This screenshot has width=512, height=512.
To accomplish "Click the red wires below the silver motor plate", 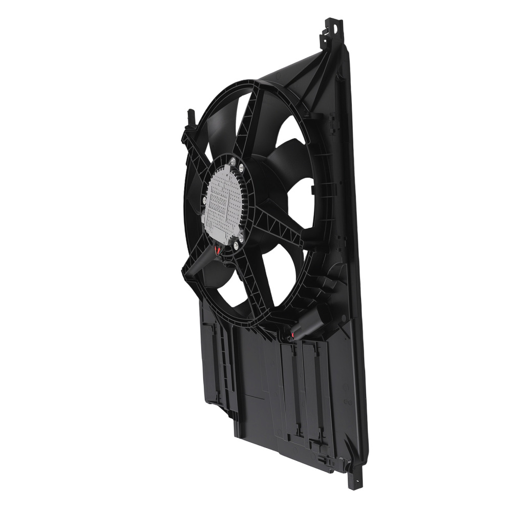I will coord(218,250).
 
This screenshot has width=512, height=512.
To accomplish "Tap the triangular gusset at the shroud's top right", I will coord(307,77).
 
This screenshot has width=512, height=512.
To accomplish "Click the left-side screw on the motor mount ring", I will coord(204,198).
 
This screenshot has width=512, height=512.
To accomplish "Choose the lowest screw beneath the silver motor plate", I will coord(235,245).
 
